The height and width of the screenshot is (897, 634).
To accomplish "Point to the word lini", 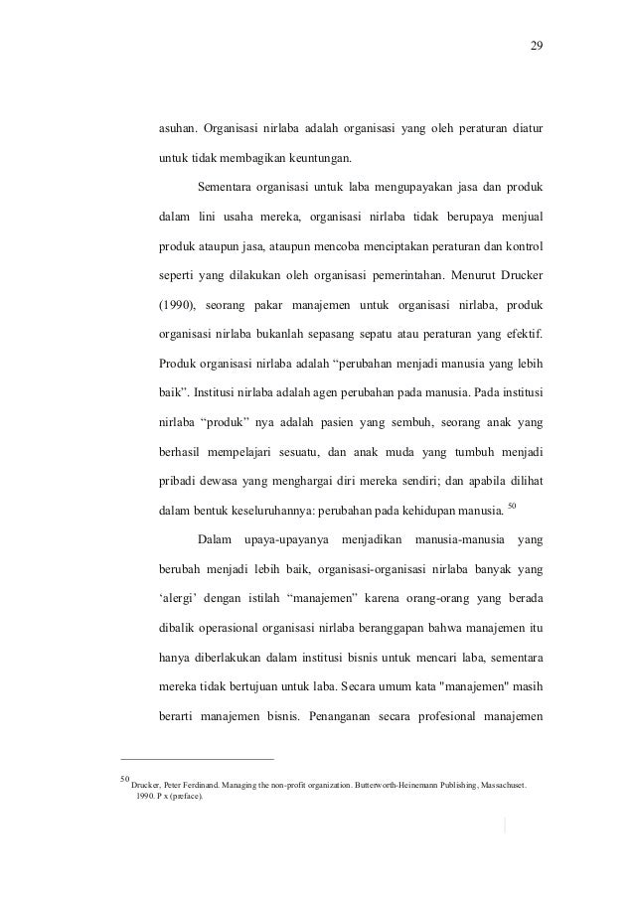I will click(207, 217).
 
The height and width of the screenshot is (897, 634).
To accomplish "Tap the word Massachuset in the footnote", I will click(494, 784).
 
